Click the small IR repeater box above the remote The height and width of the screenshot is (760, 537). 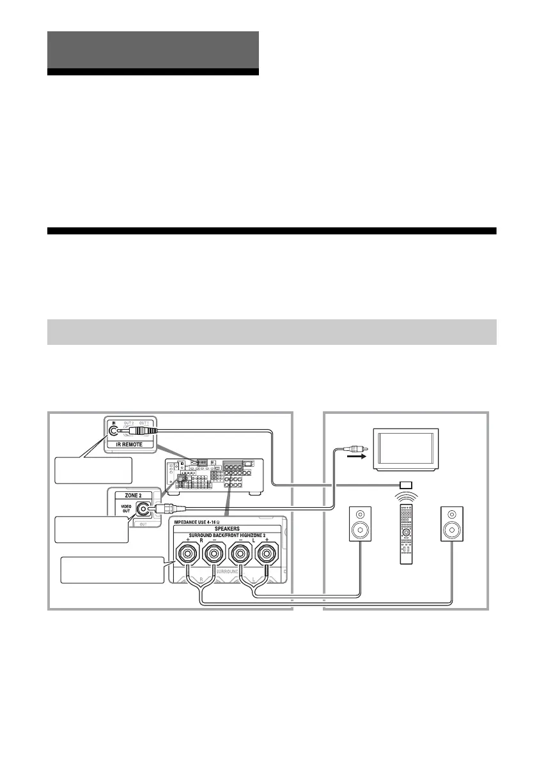click(x=405, y=484)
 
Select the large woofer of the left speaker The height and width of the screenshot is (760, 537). click(x=360, y=529)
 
